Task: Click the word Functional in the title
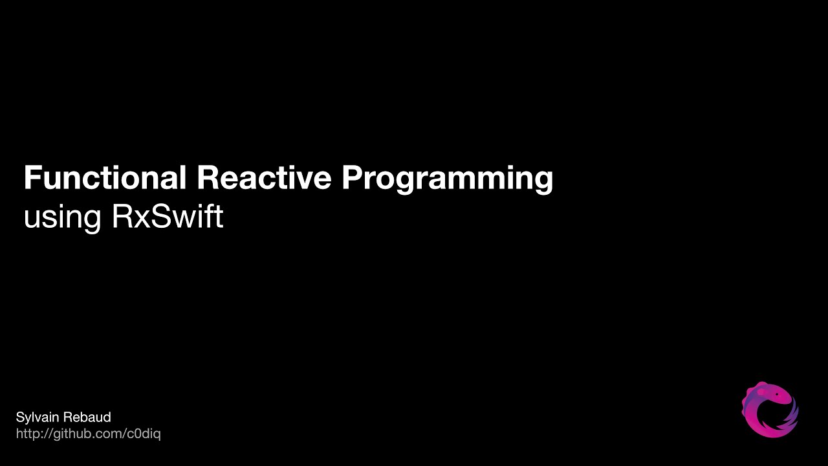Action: (x=105, y=177)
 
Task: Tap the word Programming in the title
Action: (x=447, y=179)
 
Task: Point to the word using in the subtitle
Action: (x=62, y=217)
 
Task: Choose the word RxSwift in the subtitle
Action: (x=168, y=216)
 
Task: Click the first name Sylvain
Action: (x=36, y=417)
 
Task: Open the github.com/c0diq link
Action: (x=88, y=434)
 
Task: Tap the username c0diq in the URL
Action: (x=142, y=434)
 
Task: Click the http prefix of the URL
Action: (x=27, y=434)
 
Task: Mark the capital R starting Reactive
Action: (x=207, y=177)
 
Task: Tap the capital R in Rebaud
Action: (x=67, y=417)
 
